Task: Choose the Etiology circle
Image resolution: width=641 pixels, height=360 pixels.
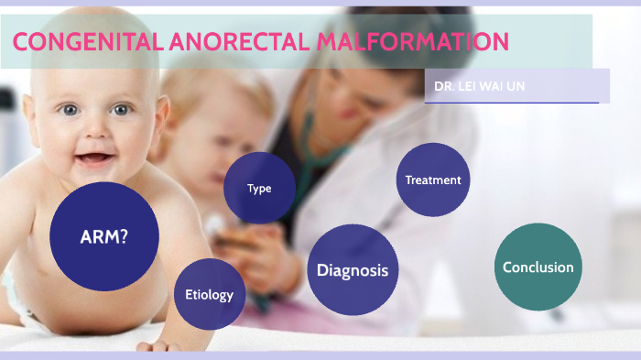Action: [210, 295]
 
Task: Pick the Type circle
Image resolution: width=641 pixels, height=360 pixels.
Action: [259, 189]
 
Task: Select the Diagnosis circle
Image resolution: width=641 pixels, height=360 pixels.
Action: [353, 270]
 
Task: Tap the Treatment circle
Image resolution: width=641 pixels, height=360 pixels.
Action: [433, 180]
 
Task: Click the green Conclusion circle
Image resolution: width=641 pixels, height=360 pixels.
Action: [538, 267]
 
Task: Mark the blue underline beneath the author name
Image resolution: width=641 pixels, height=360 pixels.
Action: [512, 103]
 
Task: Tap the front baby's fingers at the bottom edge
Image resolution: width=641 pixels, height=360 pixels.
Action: [156, 346]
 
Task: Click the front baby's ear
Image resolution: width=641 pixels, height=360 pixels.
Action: [164, 119]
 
